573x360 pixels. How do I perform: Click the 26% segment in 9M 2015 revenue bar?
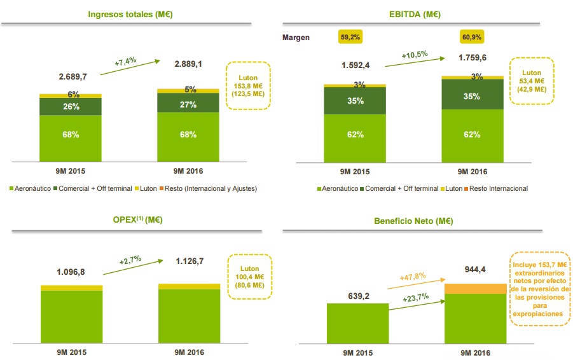pos(71,107)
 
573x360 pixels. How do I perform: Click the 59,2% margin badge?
pos(350,38)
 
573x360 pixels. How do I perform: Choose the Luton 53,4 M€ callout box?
pos(532,81)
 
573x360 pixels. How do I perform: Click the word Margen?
pos(296,38)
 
